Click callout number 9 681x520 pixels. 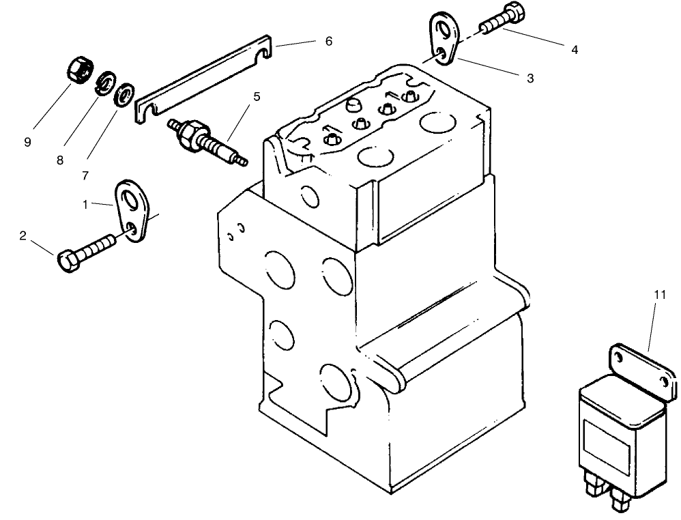27,142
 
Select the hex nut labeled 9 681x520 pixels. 80,70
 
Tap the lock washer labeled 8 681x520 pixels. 106,84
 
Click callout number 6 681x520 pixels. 328,42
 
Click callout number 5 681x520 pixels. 256,97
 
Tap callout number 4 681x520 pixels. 575,50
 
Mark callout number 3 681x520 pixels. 530,78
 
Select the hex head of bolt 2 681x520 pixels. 67,262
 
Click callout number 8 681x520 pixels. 60,160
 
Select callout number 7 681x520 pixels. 85,175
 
